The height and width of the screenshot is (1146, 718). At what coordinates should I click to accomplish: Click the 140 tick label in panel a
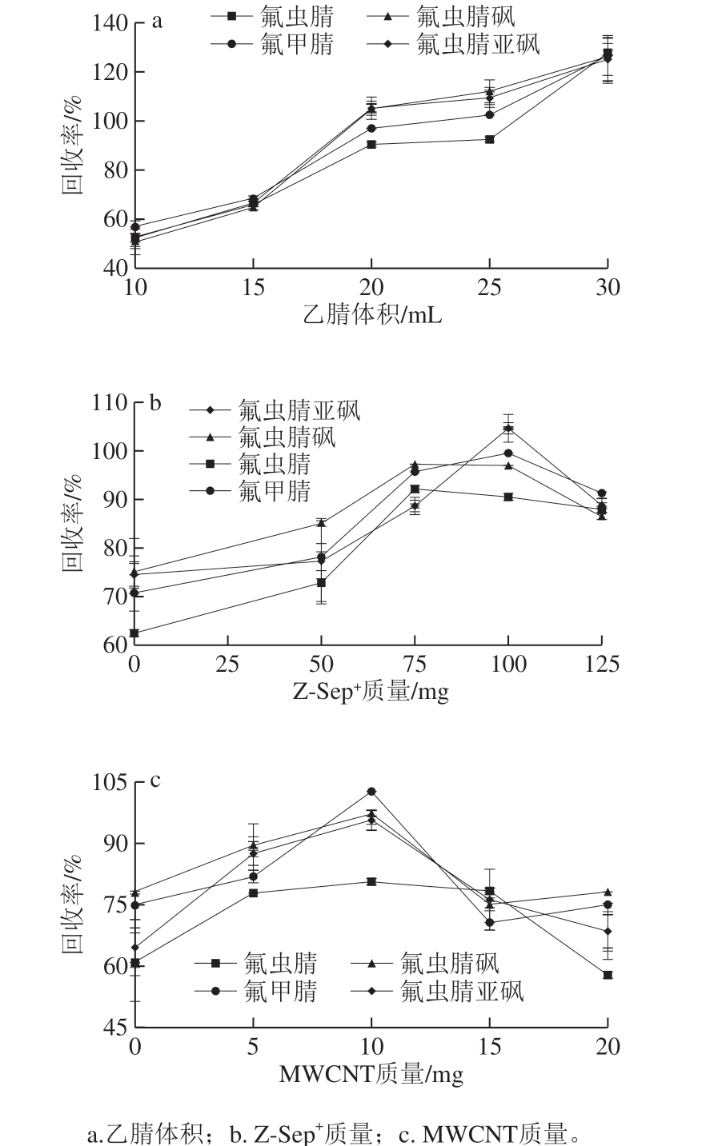click(110, 23)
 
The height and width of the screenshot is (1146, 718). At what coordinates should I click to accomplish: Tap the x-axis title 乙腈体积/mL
click(372, 315)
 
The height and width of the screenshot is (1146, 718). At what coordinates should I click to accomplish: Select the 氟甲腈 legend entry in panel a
click(272, 45)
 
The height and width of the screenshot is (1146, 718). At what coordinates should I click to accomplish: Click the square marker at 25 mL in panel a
click(489, 139)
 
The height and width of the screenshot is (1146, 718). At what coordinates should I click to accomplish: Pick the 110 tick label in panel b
click(110, 402)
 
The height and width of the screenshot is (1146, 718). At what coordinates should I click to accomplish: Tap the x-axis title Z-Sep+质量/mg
click(372, 691)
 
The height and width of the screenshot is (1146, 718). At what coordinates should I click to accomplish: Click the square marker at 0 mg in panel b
click(134, 633)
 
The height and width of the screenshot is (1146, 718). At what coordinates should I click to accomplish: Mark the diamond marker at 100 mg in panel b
click(508, 428)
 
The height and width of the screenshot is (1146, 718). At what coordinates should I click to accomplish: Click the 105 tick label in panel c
click(110, 782)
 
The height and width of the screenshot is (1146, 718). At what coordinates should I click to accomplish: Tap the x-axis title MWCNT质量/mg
click(371, 1074)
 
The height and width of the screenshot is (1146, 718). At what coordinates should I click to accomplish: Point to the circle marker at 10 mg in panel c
click(371, 792)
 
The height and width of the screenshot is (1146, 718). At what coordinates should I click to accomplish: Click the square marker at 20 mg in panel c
click(608, 975)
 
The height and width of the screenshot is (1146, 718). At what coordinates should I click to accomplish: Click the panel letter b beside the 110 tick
click(156, 402)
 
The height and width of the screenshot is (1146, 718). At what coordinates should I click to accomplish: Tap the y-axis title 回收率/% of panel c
click(73, 904)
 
